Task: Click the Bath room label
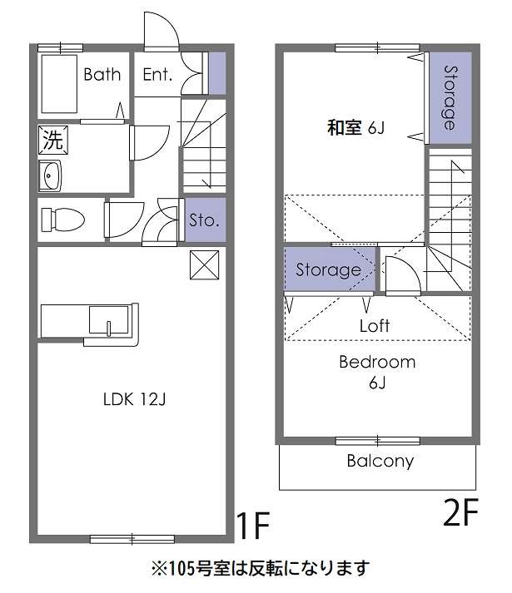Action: pyautogui.click(x=102, y=75)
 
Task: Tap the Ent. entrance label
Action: pyautogui.click(x=157, y=75)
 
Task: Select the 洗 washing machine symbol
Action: pyautogui.click(x=52, y=140)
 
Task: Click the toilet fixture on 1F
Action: pyautogui.click(x=62, y=219)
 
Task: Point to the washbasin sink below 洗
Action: pyautogui.click(x=52, y=176)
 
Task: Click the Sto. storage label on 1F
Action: pyautogui.click(x=204, y=220)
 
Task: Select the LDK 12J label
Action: pyautogui.click(x=135, y=400)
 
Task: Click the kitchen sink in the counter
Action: pyautogui.click(x=107, y=321)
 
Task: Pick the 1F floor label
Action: pyautogui.click(x=253, y=526)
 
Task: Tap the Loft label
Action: pyautogui.click(x=375, y=326)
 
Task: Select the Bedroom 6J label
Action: pyautogui.click(x=377, y=372)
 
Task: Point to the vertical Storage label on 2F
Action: pyautogui.click(x=450, y=97)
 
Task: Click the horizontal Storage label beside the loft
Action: pyautogui.click(x=329, y=270)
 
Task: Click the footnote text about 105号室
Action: pyautogui.click(x=259, y=568)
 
